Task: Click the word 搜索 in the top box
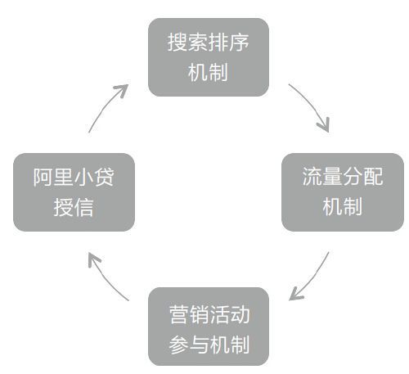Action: (187, 43)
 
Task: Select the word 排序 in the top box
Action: (228, 43)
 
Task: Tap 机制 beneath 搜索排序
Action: (208, 72)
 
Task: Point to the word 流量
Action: (322, 177)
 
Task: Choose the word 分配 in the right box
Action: (363, 177)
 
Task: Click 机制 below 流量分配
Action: (343, 206)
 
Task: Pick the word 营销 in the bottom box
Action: (189, 314)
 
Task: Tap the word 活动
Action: (230, 314)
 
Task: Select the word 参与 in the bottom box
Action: (189, 345)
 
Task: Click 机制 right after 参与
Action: (230, 345)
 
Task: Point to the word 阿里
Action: (53, 177)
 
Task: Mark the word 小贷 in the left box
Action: (94, 177)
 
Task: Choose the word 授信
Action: (74, 207)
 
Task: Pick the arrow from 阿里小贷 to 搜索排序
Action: (105, 104)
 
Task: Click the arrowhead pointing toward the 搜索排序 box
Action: (123, 89)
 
